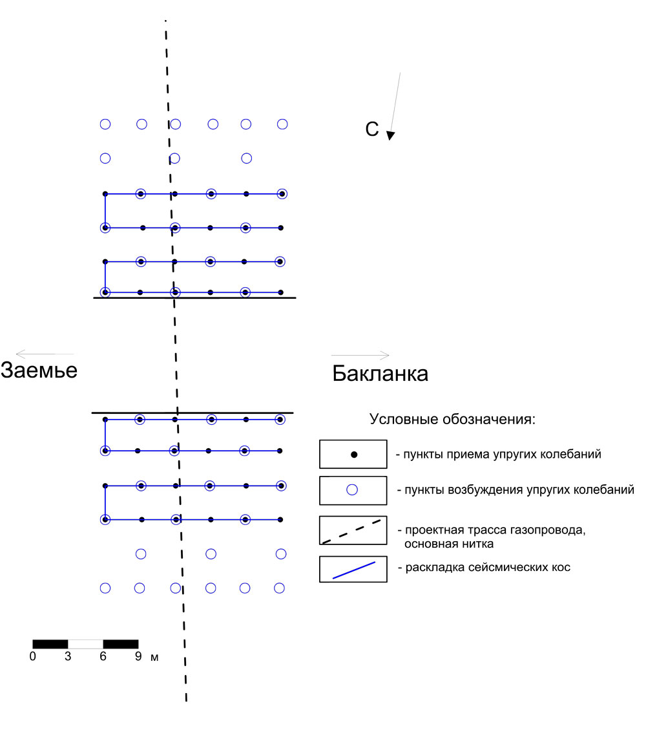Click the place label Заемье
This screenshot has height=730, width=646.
tap(39, 370)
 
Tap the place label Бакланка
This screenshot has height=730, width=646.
tap(380, 373)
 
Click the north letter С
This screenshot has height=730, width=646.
tap(372, 129)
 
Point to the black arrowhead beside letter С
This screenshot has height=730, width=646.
tap(391, 135)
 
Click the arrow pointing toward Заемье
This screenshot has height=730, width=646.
tap(45, 354)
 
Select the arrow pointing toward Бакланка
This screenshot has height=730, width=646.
tap(360, 355)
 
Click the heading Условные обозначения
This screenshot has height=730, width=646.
tap(452, 419)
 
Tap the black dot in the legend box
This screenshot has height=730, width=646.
tap(354, 455)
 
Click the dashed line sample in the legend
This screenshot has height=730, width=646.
tap(352, 531)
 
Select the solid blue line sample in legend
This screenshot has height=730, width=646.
tap(354, 570)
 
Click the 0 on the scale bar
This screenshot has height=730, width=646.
tap(32, 656)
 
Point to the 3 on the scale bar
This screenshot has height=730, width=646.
tap(68, 656)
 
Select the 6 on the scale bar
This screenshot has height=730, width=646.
tap(103, 656)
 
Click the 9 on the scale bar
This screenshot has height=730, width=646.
tap(138, 656)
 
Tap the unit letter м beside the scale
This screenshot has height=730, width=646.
tap(154, 658)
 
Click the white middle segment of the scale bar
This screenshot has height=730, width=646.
tap(85, 645)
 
